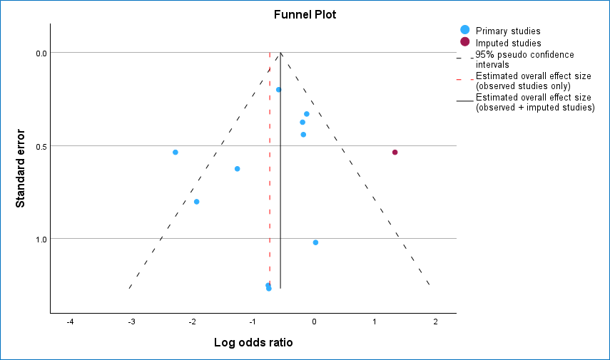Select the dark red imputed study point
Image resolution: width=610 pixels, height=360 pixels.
[x=395, y=153]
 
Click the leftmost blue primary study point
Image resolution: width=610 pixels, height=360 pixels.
[x=175, y=153]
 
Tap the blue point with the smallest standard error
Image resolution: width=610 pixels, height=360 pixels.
[x=279, y=90]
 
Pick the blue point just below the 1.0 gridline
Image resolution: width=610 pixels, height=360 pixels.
[x=315, y=242]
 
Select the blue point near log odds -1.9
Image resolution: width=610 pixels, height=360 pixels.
[x=197, y=202]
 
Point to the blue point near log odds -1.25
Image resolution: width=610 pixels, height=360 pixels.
[x=237, y=169]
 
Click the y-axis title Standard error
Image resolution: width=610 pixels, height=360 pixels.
[x=21, y=168]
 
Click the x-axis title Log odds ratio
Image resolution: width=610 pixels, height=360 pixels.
[x=253, y=342]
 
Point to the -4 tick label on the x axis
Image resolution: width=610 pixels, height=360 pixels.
[x=70, y=322]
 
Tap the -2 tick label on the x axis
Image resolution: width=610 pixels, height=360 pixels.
[x=192, y=322]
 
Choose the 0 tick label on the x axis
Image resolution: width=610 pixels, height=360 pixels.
[x=314, y=322]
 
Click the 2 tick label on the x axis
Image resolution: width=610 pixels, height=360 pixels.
[x=435, y=322]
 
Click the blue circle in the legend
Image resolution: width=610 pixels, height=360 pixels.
[x=465, y=30]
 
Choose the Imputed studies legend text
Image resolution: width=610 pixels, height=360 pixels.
[x=508, y=43]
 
